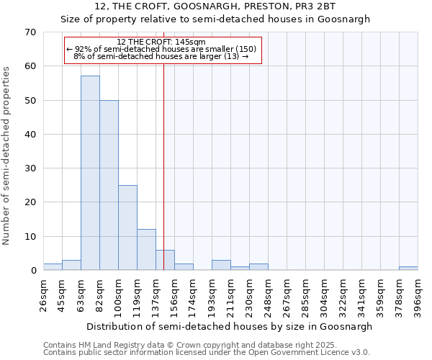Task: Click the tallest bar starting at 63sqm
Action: [90, 173]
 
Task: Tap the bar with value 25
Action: [127, 228]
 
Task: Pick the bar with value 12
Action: [146, 250]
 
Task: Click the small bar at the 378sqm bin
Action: [408, 269]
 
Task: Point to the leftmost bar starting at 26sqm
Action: [53, 267]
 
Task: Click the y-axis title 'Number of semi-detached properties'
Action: [7, 156]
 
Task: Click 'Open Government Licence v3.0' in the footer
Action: [315, 353]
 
